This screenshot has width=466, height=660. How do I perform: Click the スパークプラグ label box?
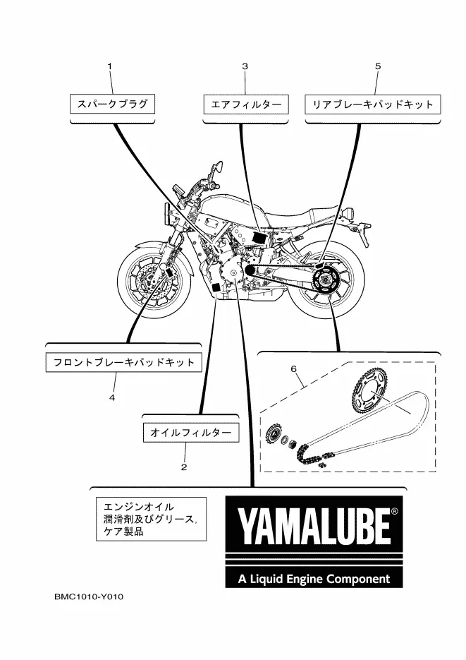pos(113,104)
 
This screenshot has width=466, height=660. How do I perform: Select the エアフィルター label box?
pos(245,104)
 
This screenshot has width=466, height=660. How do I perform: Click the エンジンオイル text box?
pos(150,519)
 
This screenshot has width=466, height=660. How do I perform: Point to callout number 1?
pos(110,66)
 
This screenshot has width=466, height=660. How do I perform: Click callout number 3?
pos(245,66)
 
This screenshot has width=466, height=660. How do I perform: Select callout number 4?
pos(112,397)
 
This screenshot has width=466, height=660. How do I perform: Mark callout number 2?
pos(184,467)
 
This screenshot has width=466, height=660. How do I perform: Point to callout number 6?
pos(294,368)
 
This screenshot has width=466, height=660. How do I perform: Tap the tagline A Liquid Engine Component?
pos(314,579)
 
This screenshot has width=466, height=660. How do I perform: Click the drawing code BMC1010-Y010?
pos(89,597)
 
